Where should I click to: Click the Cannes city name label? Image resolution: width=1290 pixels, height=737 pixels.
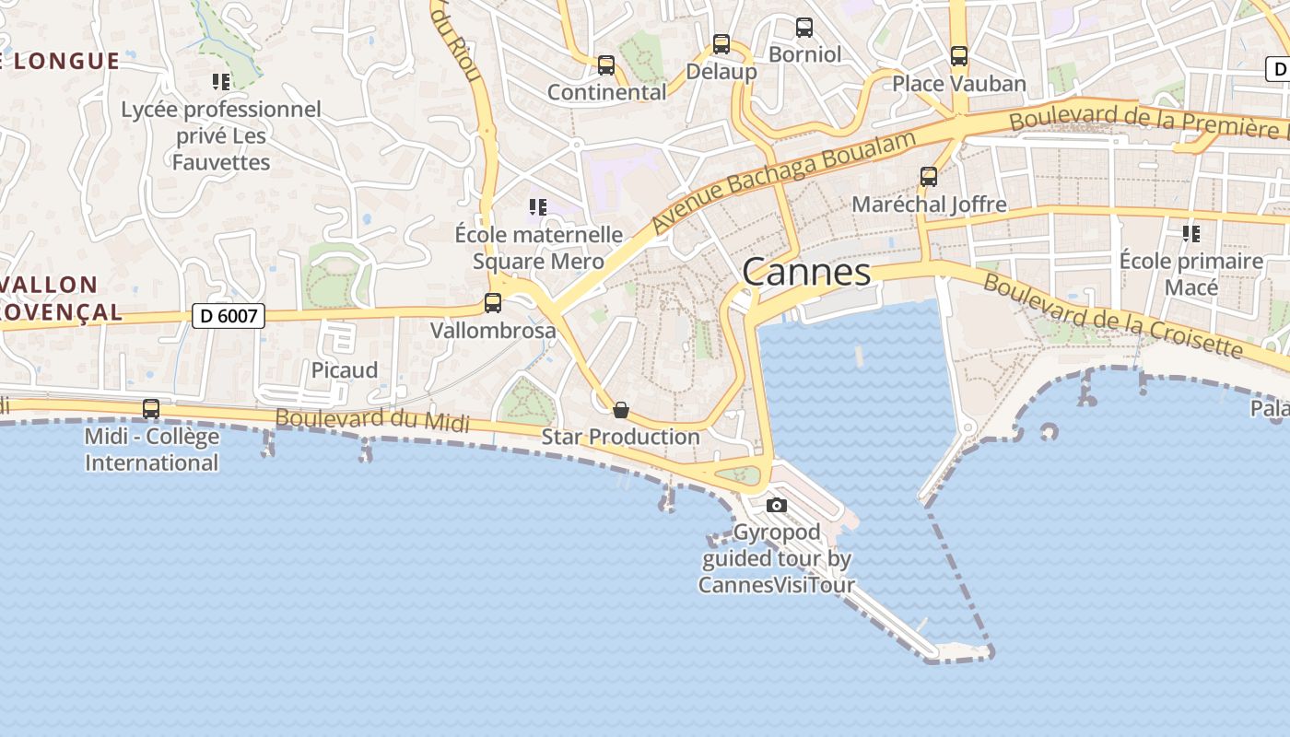tap(806, 272)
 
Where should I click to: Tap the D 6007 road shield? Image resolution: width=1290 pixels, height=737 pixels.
tap(229, 317)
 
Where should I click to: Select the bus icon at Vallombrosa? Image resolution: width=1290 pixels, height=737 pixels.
tap(493, 302)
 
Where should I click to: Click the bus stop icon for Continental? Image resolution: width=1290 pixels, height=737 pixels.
tap(605, 65)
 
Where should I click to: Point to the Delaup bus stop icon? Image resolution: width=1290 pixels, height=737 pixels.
tap(721, 44)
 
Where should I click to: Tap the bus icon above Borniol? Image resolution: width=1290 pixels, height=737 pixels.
tap(804, 28)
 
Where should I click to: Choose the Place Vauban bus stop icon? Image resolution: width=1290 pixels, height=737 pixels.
tap(959, 56)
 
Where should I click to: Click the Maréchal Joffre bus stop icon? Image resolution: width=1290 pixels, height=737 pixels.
tap(929, 177)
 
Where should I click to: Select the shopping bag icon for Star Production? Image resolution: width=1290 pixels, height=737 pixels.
tap(621, 409)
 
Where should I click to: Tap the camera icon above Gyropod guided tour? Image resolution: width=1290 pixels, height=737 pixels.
tap(777, 505)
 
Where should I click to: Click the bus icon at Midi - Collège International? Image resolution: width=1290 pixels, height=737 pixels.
tap(151, 408)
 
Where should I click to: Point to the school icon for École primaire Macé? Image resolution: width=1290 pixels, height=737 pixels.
tap(1191, 234)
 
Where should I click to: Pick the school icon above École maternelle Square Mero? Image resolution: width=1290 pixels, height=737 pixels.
tap(538, 207)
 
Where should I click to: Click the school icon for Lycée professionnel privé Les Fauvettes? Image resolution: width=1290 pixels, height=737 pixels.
tap(221, 82)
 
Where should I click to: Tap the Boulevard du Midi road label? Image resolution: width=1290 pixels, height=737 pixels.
tap(372, 420)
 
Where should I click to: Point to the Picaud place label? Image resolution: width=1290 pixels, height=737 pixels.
tap(345, 370)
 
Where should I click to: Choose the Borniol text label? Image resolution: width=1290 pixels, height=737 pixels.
tap(804, 54)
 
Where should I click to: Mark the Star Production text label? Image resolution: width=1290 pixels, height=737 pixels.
tap(621, 437)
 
